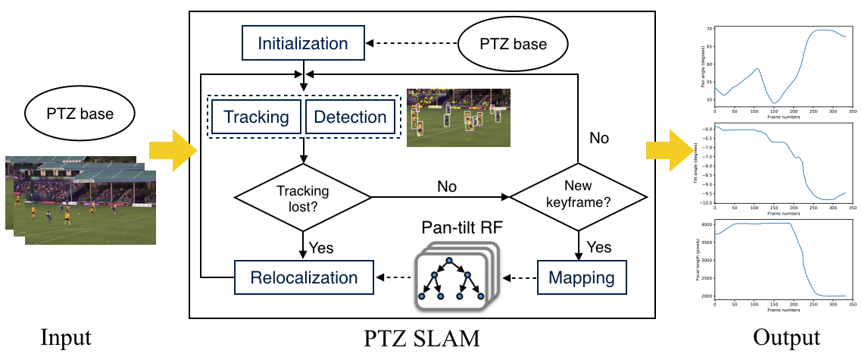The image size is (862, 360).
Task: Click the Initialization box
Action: point(303,44)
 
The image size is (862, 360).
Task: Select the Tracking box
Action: point(255,117)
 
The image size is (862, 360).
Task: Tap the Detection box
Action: point(350,117)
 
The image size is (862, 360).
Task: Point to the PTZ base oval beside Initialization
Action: point(513,44)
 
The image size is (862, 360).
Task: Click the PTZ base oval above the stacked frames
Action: point(80,115)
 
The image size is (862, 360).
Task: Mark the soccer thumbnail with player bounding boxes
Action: point(458,117)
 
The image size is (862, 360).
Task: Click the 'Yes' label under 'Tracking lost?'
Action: point(322,248)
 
